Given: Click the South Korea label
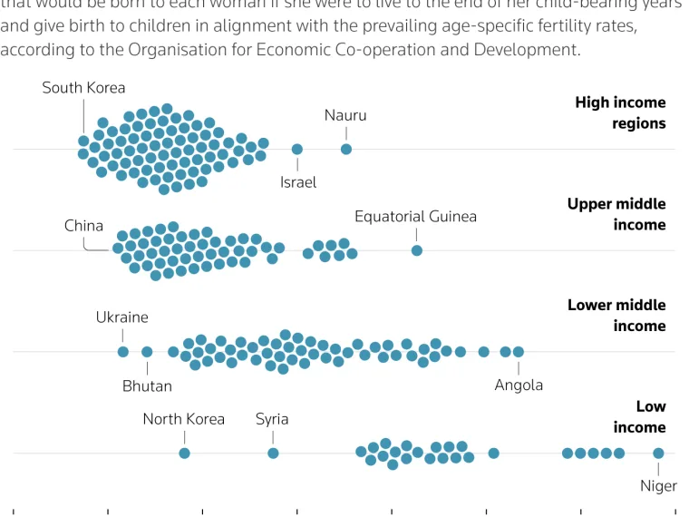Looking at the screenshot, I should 83,88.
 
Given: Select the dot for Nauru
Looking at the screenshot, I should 345,149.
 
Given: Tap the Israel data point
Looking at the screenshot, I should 297,149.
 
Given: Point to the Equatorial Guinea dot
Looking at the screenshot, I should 416,250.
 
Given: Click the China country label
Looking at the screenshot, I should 83,226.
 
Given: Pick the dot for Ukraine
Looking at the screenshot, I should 123,351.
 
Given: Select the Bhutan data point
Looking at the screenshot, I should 147,352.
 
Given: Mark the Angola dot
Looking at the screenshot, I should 518,352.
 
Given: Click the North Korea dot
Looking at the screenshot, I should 184,453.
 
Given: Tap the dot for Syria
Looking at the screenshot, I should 273,453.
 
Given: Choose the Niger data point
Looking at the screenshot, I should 658,453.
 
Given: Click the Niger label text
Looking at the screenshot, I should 658,486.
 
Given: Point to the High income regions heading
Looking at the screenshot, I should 620,113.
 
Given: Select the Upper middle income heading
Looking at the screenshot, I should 616,214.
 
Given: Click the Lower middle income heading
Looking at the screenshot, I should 616,316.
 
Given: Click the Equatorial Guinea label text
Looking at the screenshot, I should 415,217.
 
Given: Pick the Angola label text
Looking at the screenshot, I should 519,385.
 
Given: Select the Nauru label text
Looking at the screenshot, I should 345,116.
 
